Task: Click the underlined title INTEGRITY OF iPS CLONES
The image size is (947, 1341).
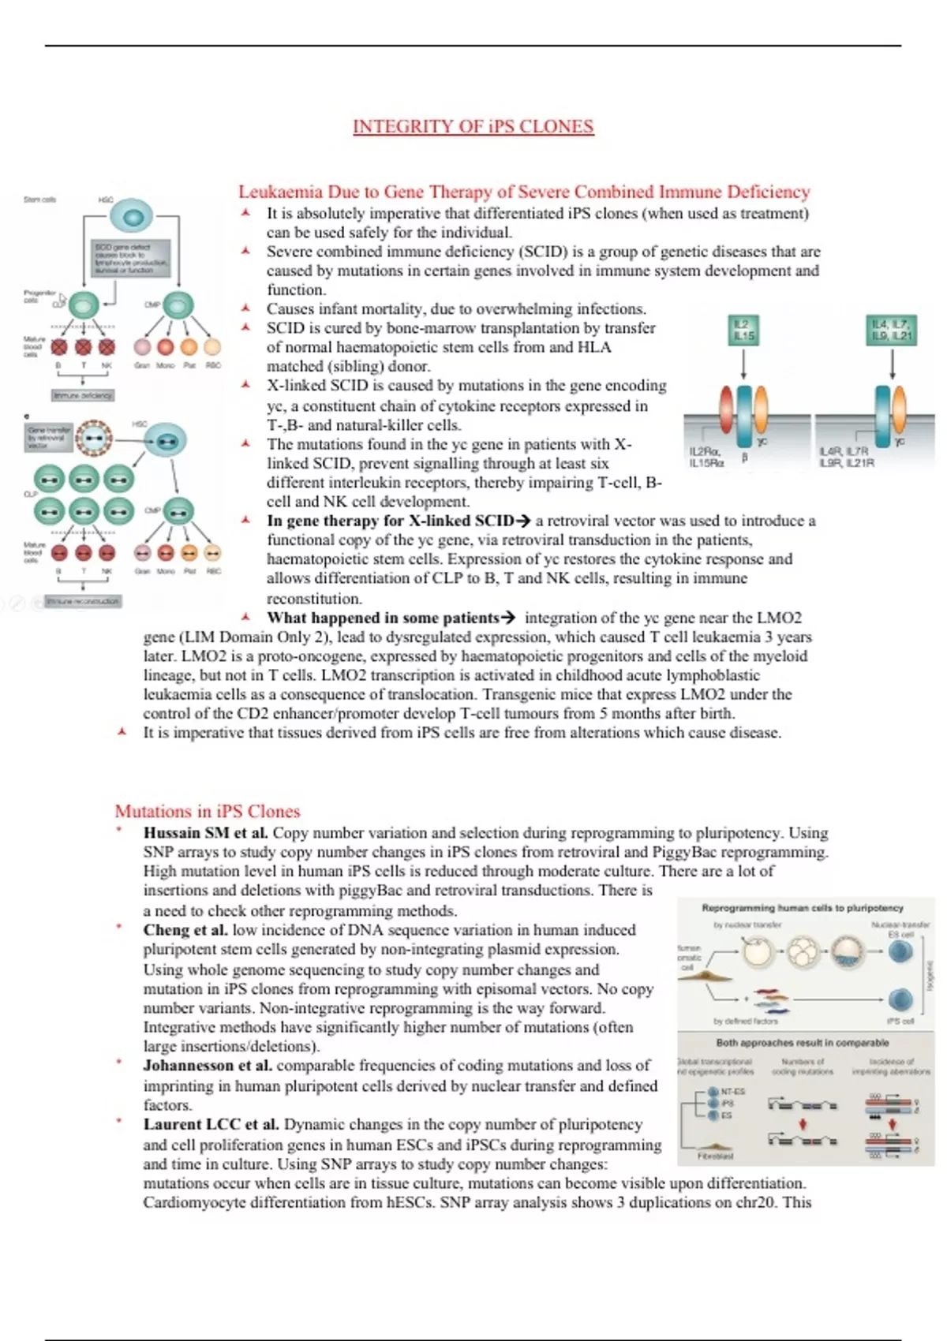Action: (x=473, y=126)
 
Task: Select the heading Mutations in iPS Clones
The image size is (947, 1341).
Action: (x=208, y=811)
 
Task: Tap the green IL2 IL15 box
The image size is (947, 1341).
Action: (x=743, y=331)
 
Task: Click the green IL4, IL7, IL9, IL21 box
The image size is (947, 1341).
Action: (x=892, y=330)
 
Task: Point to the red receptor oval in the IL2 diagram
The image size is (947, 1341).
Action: (x=726, y=408)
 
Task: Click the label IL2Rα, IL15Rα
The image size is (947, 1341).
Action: (x=706, y=457)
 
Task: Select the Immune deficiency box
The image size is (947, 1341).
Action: (x=83, y=395)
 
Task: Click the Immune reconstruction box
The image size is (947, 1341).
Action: (x=83, y=601)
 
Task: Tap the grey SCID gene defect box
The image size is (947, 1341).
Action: (x=131, y=258)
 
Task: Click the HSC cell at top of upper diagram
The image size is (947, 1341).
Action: (x=131, y=217)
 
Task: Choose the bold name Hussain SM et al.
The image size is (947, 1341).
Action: (x=205, y=833)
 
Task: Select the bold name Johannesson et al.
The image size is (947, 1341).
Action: (x=208, y=1066)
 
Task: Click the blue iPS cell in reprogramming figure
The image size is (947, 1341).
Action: (x=900, y=1000)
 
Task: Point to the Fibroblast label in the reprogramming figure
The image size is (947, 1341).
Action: (x=715, y=1156)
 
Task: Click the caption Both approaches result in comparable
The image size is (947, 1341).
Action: (x=802, y=1043)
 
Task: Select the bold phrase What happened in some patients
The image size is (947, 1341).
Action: (x=383, y=618)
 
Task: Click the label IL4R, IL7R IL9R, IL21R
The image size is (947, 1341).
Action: (x=847, y=457)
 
